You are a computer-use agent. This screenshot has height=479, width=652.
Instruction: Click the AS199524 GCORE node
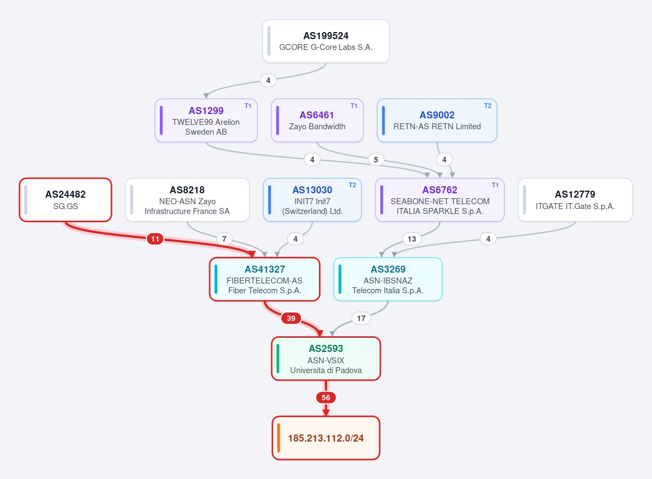click(325, 41)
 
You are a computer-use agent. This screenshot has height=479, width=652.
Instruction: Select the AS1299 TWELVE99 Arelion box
click(206, 121)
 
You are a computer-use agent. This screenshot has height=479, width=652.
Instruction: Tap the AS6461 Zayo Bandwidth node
click(317, 121)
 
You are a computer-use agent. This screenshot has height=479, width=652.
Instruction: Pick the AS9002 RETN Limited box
click(437, 121)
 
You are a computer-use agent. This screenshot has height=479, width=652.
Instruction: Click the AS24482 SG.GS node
click(66, 200)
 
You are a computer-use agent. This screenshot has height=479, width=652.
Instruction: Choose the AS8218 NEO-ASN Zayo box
click(187, 200)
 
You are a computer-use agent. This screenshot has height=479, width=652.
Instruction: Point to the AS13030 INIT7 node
click(312, 200)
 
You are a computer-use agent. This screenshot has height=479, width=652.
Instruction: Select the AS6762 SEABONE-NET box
click(440, 200)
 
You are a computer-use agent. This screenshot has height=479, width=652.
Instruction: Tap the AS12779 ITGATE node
click(575, 200)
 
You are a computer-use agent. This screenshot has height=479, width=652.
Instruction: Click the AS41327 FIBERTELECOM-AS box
click(265, 279)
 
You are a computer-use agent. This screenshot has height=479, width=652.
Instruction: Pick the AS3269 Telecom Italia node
click(388, 279)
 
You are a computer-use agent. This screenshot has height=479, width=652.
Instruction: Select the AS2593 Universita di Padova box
click(325, 358)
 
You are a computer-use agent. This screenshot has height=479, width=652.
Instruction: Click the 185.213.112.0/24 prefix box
click(325, 438)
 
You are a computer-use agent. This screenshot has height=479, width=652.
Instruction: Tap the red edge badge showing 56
click(325, 398)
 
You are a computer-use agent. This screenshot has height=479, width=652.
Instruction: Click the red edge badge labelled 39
click(291, 318)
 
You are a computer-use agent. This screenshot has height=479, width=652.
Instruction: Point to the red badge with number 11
click(155, 239)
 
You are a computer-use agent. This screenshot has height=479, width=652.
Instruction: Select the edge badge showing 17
click(361, 318)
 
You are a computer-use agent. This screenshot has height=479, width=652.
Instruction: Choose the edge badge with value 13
click(412, 239)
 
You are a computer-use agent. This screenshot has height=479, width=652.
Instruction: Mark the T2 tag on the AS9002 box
click(487, 106)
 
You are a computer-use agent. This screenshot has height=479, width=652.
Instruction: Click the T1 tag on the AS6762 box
click(495, 185)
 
